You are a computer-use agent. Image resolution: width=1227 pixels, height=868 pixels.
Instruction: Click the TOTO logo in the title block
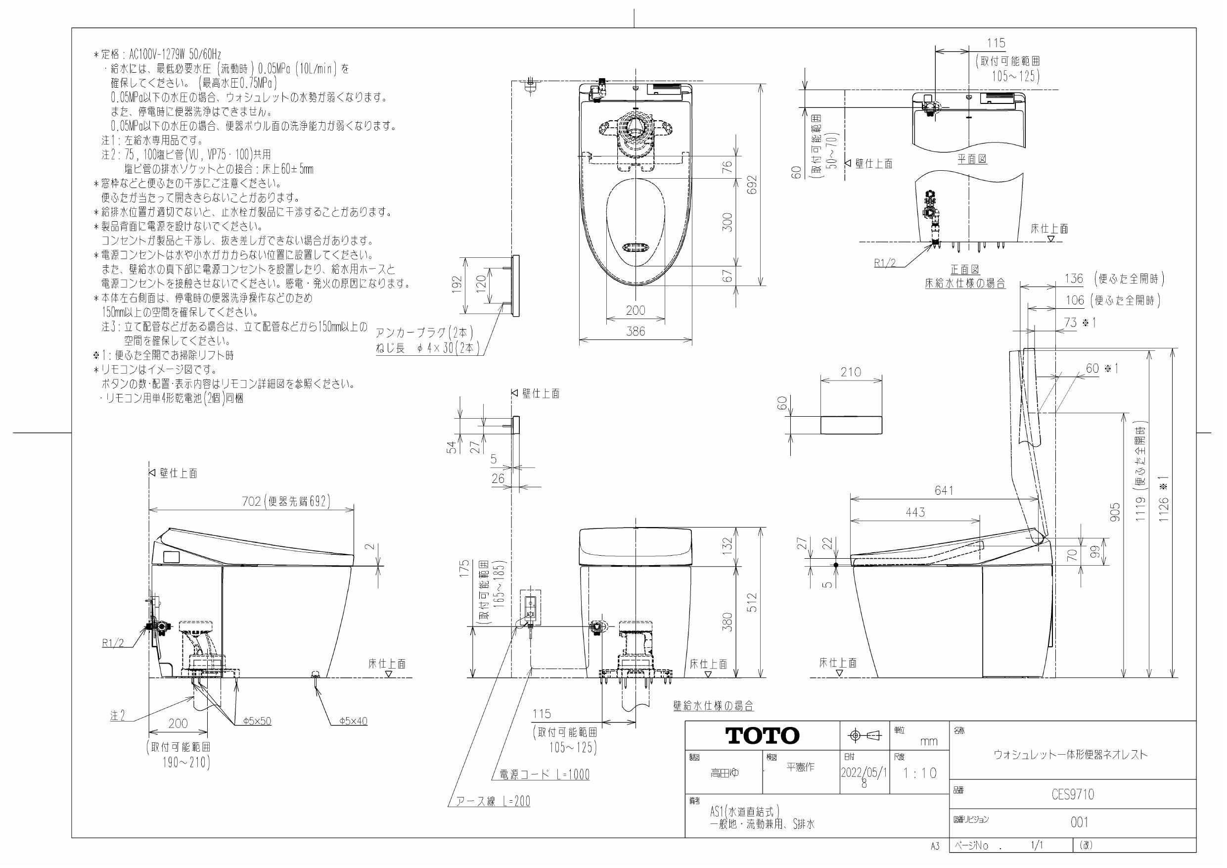pyautogui.click(x=762, y=735)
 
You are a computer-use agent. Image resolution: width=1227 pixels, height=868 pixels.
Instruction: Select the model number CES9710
pyautogui.click(x=1073, y=795)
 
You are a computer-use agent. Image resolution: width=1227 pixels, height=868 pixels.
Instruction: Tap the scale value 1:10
pyautogui.click(x=920, y=773)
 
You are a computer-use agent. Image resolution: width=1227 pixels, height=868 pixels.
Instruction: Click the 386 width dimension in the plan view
pyautogui.click(x=636, y=332)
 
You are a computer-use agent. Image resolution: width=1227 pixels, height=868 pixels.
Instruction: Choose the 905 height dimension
pyautogui.click(x=1115, y=513)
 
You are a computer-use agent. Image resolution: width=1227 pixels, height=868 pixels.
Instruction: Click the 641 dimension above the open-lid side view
pyautogui.click(x=944, y=490)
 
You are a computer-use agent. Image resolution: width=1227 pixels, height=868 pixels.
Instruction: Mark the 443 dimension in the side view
pyautogui.click(x=915, y=512)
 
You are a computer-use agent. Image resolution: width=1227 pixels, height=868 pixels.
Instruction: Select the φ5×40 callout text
pyautogui.click(x=353, y=722)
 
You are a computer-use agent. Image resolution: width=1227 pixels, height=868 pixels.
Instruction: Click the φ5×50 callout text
pyautogui.click(x=257, y=722)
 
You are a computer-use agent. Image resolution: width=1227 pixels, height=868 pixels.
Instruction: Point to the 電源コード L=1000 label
pyautogui.click(x=545, y=774)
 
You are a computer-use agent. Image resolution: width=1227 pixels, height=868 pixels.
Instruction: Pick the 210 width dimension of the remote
pyautogui.click(x=851, y=372)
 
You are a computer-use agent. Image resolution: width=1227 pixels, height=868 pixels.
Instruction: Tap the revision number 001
pyautogui.click(x=1079, y=822)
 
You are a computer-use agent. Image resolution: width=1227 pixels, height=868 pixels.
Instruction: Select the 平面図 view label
pyautogui.click(x=971, y=159)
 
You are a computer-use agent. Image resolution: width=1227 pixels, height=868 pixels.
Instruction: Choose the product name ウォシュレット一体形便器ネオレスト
pyautogui.click(x=1070, y=755)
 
